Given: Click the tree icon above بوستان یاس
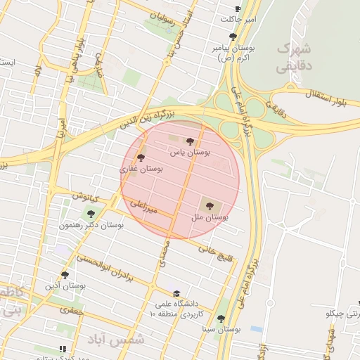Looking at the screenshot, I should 190,141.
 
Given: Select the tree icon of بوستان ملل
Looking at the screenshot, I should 210,205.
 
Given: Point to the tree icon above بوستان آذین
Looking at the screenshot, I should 65,275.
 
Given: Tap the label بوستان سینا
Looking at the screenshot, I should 222,328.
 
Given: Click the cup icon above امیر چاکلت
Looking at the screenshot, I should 238,9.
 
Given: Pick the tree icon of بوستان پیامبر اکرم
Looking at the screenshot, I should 233,37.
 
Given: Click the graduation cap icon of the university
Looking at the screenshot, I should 176,294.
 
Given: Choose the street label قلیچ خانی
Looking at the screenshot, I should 215,251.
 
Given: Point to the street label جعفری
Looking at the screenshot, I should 72,309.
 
